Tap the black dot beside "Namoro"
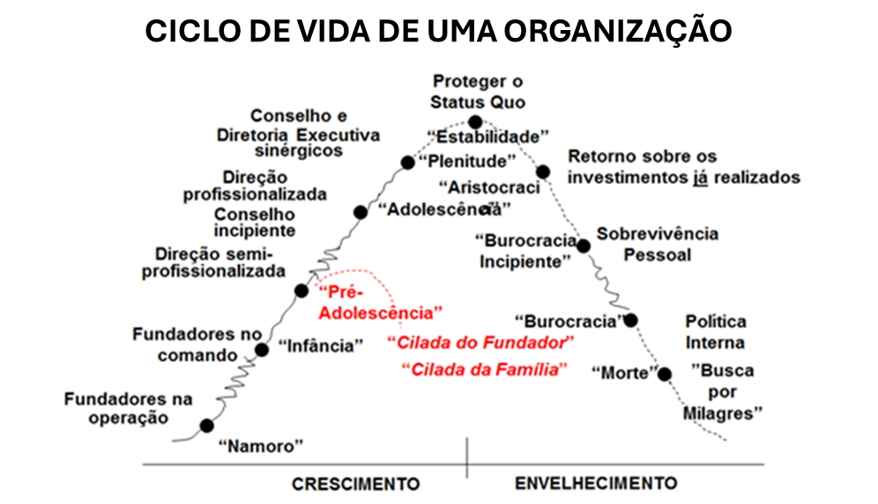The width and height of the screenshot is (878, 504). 206,425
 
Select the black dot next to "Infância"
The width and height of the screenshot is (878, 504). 262,350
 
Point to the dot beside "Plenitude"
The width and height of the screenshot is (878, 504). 407,162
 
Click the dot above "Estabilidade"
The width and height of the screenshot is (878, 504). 475,122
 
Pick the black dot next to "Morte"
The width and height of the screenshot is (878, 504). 665,374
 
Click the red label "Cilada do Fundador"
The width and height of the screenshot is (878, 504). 481,342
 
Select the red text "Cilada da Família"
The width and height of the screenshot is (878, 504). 485,370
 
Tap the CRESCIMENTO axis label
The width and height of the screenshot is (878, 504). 355,484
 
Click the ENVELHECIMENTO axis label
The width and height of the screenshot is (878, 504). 596,483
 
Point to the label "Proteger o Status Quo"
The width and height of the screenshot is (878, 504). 478,92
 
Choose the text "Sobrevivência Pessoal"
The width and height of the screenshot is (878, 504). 658,244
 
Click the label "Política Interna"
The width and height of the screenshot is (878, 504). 716,332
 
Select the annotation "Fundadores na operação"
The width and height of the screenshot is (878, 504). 128,408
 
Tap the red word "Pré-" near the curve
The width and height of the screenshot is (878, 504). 340,292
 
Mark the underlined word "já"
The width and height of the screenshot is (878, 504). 701,177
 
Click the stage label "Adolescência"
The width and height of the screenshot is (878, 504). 444,210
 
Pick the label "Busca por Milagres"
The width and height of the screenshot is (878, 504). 722,392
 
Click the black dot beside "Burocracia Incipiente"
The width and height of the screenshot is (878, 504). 584,245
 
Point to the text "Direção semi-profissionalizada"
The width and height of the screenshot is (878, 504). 213,262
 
